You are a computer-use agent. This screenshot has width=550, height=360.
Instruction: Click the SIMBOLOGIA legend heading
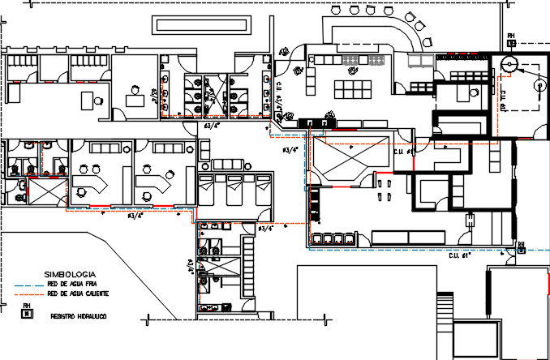71,276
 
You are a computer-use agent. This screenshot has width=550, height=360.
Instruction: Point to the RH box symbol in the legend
27,312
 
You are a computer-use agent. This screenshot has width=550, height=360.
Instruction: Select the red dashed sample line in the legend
30,295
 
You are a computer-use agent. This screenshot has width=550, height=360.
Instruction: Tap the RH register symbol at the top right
511,39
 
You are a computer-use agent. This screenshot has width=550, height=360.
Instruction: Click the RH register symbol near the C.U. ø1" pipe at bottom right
521,247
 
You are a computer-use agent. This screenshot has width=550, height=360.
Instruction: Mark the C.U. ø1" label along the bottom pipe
460,256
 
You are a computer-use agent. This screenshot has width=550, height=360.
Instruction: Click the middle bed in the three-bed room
235,191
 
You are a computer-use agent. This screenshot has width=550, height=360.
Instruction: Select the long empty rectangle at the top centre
199,25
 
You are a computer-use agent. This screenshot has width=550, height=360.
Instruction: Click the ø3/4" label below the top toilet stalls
213,126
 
